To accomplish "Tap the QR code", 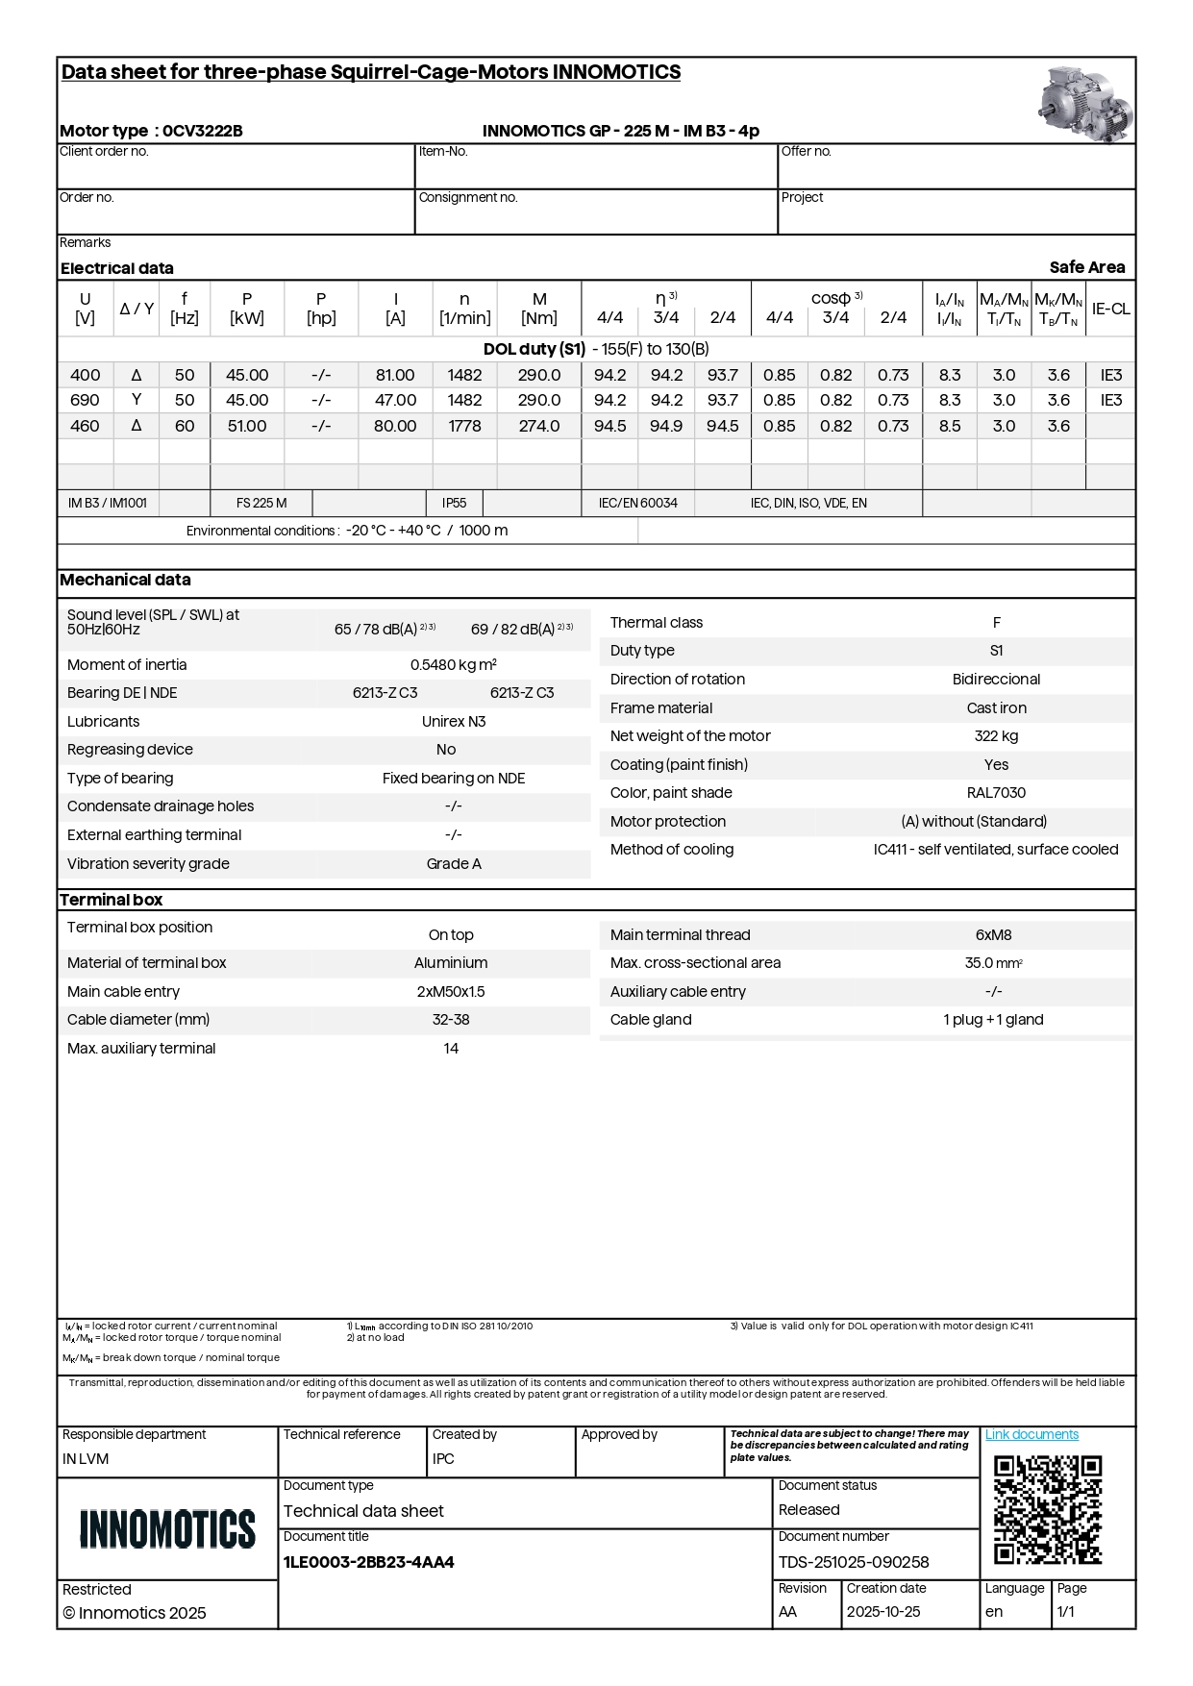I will (x=1047, y=1510).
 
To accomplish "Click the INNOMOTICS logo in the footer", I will (x=167, y=1528).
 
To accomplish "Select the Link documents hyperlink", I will (x=1031, y=1434).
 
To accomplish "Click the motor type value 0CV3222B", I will (x=203, y=131).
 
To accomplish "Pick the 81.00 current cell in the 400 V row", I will (x=395, y=375).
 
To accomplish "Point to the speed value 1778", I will (x=464, y=426).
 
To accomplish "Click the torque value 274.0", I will (x=539, y=426).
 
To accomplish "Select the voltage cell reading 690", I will (x=85, y=400).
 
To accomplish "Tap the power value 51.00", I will (x=247, y=426).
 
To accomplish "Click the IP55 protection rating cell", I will (x=454, y=503).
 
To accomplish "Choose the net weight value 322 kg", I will (x=996, y=736).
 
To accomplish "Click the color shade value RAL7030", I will (x=996, y=793).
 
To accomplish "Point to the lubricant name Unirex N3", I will (x=454, y=722).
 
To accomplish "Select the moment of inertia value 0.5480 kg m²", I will (x=454, y=665).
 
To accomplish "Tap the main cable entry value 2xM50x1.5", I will (x=451, y=992).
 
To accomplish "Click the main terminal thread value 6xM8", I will (x=993, y=935).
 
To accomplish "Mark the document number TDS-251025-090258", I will (x=854, y=1562).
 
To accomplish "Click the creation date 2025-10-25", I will (x=883, y=1612).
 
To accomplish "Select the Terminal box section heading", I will (x=112, y=900).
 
